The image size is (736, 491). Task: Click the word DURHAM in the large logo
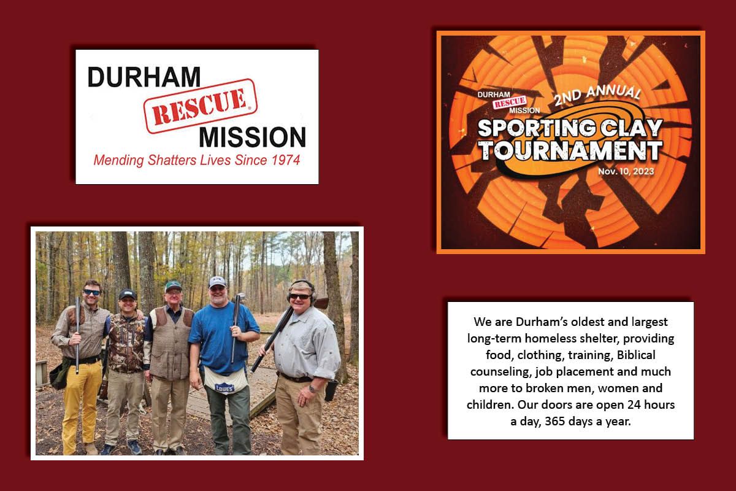click(144, 77)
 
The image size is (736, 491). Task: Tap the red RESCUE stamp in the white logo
click(201, 106)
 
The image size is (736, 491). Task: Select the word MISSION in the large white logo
click(252, 137)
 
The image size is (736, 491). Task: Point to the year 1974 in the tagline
click(286, 160)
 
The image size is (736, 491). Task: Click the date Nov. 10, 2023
click(626, 171)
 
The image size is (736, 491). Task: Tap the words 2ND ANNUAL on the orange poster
click(597, 95)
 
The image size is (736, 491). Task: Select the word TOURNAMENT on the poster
click(570, 151)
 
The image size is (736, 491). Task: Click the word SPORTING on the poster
click(536, 128)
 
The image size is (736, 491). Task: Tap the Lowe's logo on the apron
click(224, 388)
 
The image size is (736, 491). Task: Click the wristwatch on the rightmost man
click(312, 389)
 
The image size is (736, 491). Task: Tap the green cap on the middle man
click(173, 286)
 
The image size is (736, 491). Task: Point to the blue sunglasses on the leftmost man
click(91, 292)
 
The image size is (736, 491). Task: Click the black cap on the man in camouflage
click(128, 294)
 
